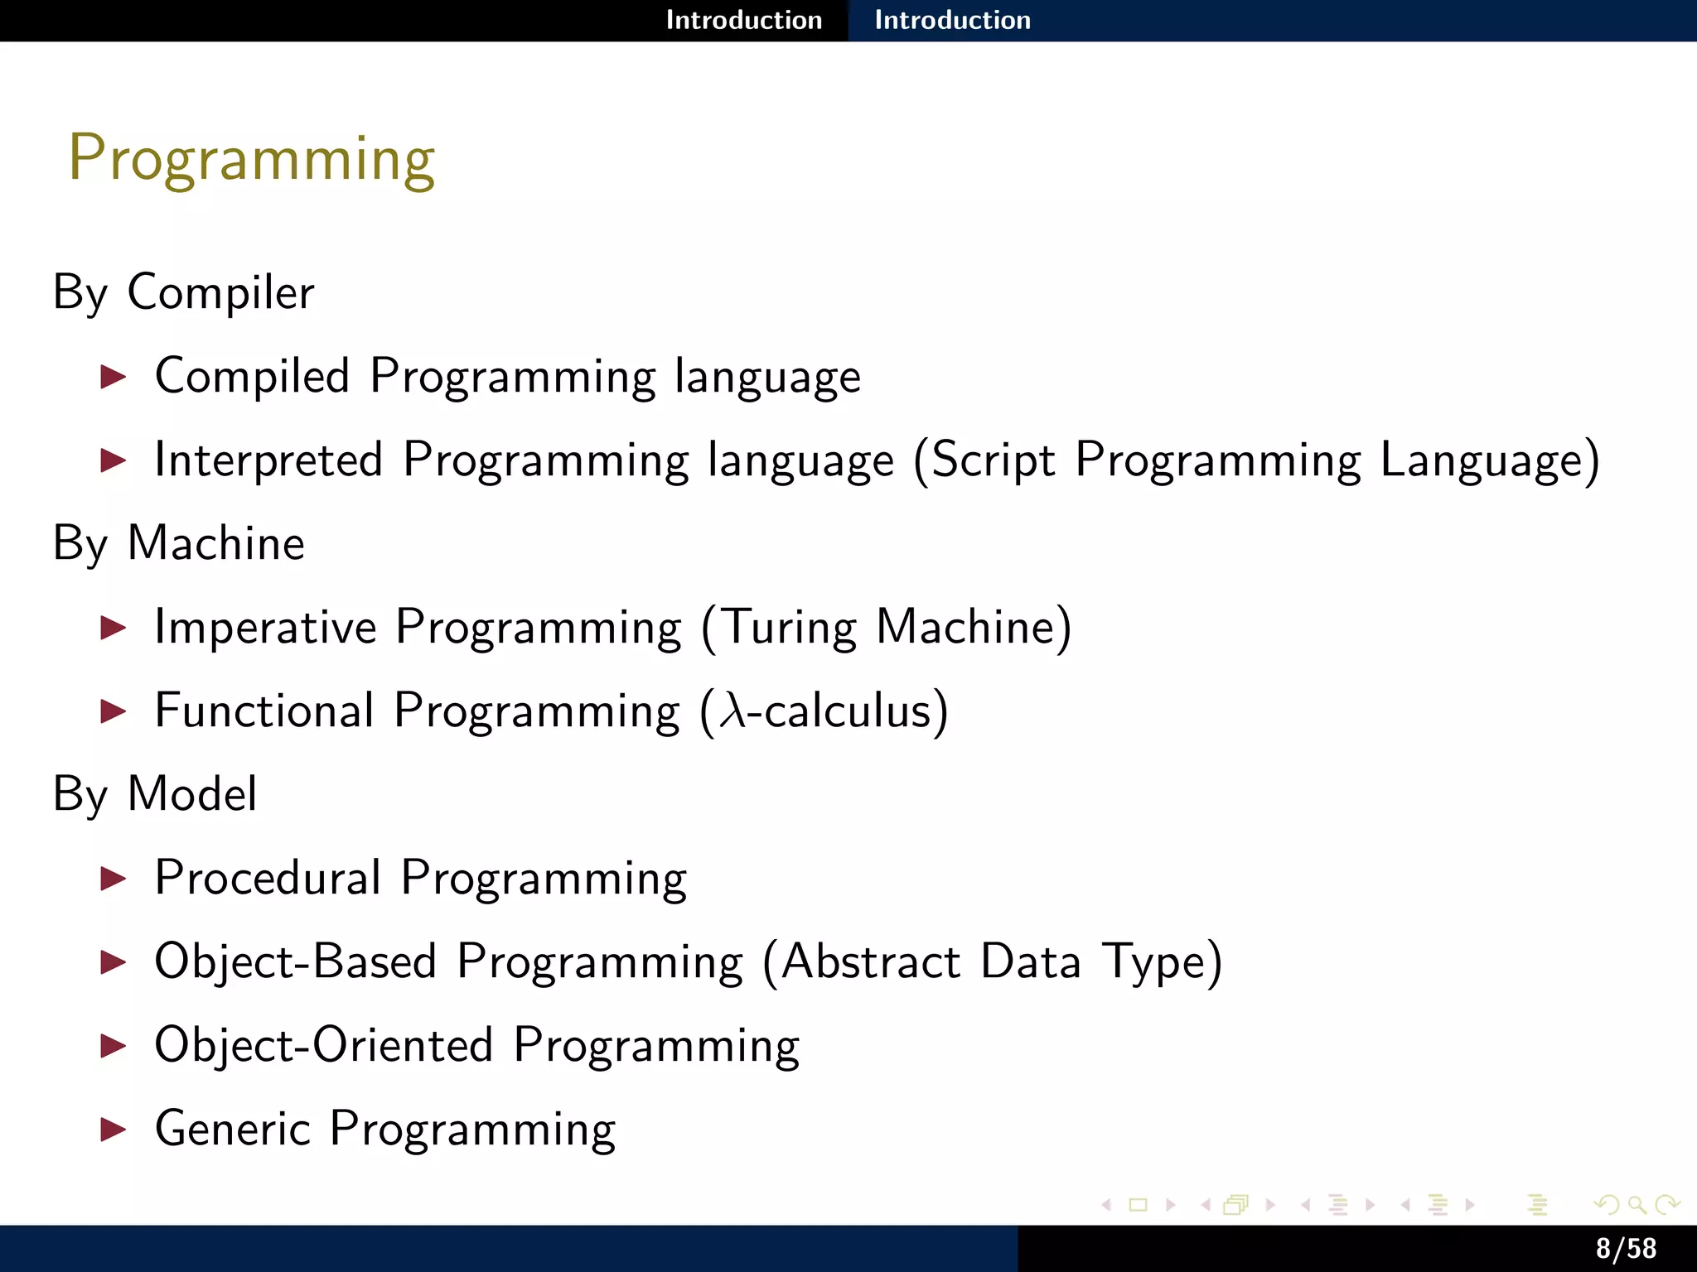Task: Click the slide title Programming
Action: [251, 158]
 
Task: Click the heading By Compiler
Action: [183, 292]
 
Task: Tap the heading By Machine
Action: [178, 543]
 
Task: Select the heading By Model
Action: [155, 794]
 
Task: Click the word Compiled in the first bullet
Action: [252, 377]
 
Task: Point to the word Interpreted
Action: [268, 460]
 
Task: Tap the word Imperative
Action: [265, 627]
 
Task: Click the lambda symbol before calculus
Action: [732, 711]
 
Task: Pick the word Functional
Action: [264, 711]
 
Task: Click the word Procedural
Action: [268, 878]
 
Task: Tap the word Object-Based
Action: [295, 961]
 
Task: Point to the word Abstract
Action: [870, 961]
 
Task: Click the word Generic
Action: [233, 1129]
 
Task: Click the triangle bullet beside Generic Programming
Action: [113, 1129]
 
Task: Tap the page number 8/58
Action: [1626, 1249]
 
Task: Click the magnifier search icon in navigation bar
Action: [1636, 1205]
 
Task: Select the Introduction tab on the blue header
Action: [952, 20]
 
